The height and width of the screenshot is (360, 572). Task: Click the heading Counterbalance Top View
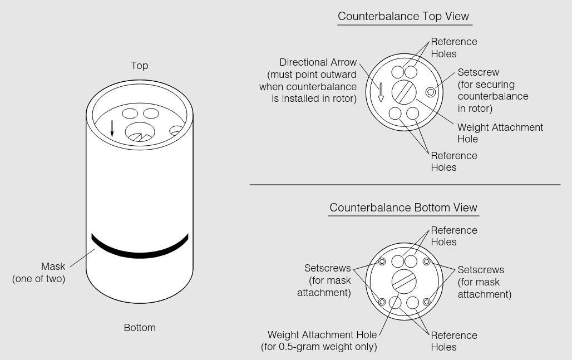405,16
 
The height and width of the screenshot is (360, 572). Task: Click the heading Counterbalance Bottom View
403,208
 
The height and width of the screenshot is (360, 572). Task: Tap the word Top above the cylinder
140,66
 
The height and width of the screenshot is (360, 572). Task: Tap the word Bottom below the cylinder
140,328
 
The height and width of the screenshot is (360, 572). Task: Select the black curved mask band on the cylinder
140,251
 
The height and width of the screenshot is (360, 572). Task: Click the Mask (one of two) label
39,273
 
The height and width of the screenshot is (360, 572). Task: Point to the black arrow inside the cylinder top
112,129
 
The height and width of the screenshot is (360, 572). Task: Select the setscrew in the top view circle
430,92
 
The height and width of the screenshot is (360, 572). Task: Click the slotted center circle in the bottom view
403,281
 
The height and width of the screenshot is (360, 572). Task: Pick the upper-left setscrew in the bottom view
382,262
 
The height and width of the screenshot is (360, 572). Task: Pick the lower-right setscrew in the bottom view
426,302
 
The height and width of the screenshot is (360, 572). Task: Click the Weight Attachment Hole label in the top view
500,133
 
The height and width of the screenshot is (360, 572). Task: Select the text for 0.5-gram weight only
319,347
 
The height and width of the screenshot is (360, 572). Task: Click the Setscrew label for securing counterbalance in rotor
492,90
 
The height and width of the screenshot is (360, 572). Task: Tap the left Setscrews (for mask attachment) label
328,281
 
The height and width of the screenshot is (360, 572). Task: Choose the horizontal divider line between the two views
405,184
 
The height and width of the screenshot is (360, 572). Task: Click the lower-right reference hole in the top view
412,114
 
